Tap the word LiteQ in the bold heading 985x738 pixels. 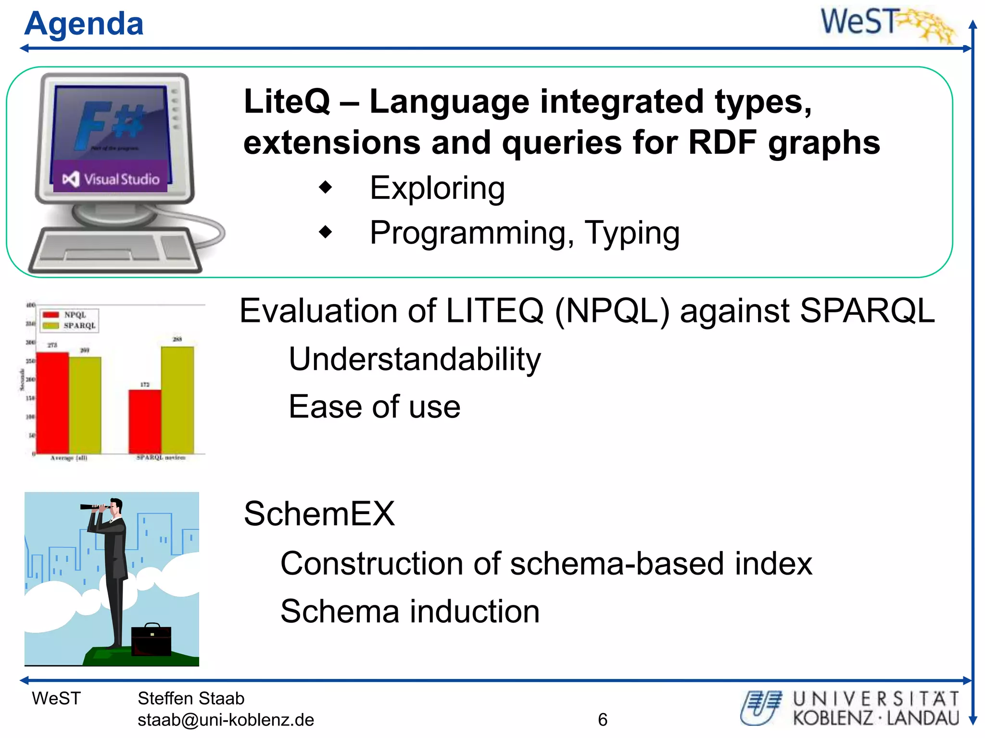(287, 102)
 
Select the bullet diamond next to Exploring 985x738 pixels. (326, 187)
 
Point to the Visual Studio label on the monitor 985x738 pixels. (111, 179)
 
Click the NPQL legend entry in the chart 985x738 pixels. (65, 315)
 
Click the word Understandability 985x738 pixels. (415, 359)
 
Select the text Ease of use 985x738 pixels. (374, 406)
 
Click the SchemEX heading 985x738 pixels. (319, 514)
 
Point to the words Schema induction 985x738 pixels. (410, 611)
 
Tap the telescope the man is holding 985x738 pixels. (94, 506)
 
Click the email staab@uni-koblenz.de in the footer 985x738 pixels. (226, 720)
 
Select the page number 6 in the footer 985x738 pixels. (602, 720)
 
